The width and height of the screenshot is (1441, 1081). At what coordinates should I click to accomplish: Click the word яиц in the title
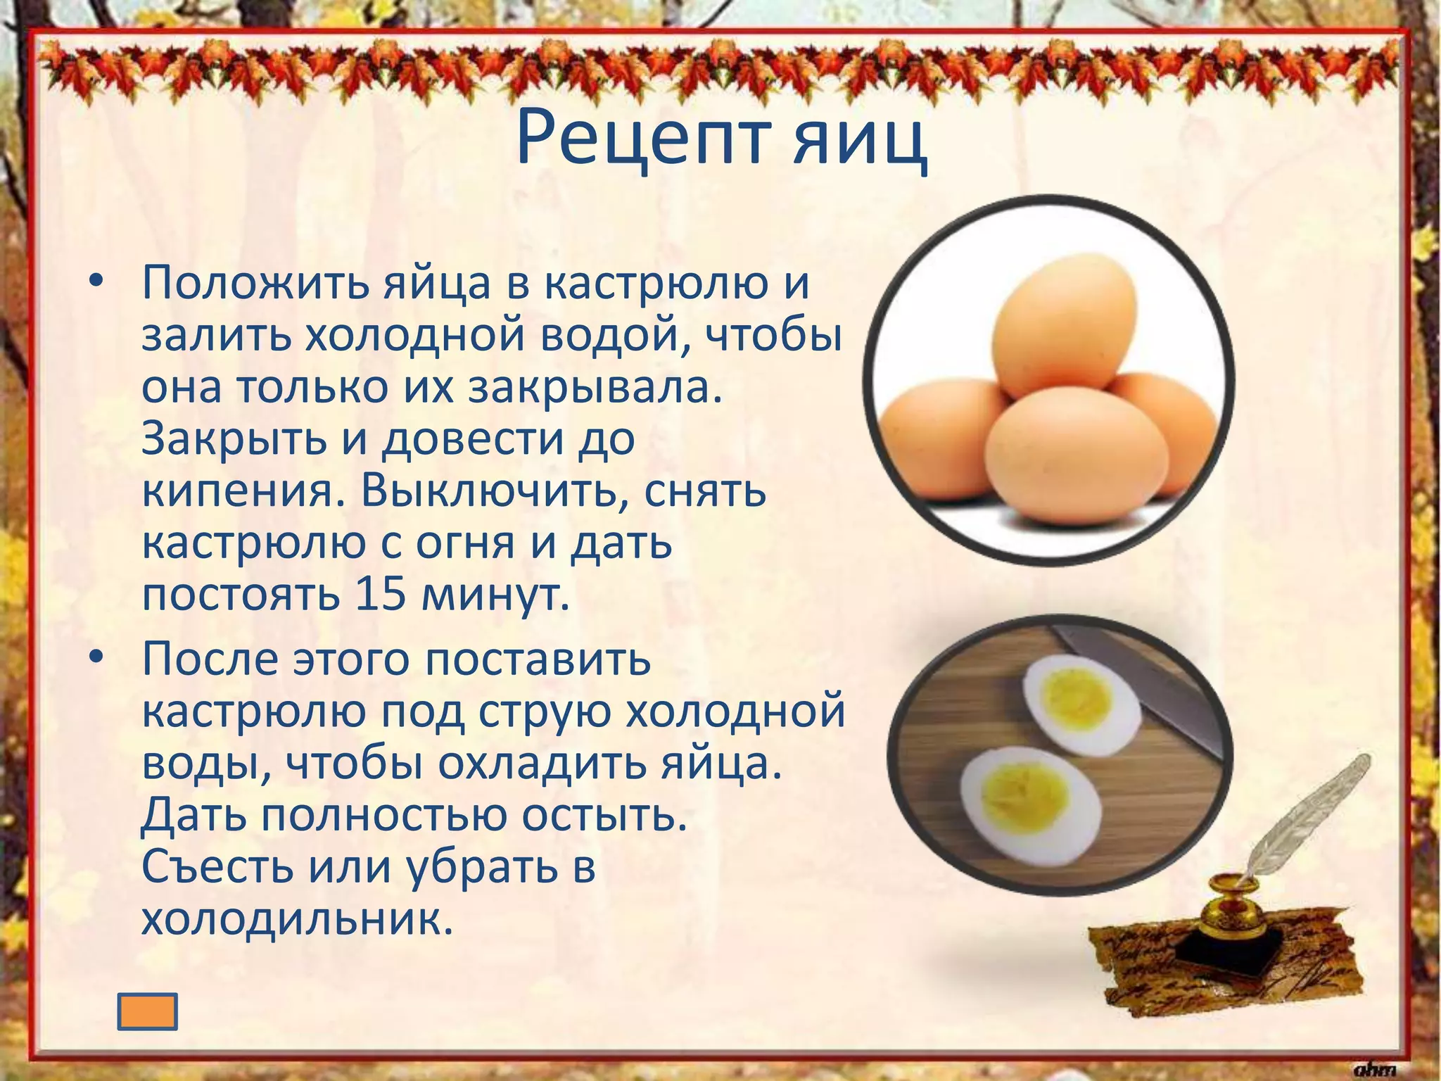tap(860, 141)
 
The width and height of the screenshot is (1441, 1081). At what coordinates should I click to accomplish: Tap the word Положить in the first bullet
tap(255, 284)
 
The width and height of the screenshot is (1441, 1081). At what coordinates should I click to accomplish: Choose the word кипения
tap(237, 492)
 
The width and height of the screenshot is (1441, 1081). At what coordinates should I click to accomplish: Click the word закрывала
tap(595, 388)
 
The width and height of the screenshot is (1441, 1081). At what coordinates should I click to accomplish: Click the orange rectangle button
tap(147, 1011)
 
